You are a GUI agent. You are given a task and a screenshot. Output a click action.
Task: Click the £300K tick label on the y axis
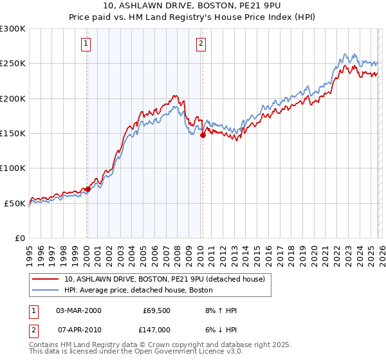(13, 29)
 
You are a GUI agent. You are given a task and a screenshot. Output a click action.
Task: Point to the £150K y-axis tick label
(13, 134)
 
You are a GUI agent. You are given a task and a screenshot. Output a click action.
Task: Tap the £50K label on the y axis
(15, 203)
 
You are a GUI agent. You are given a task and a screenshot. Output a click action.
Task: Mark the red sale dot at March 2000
(88, 189)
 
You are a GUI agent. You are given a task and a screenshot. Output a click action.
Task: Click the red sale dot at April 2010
(203, 135)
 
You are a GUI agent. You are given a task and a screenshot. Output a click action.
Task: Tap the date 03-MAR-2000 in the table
(78, 310)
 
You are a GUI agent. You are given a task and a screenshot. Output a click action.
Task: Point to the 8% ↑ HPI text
(220, 310)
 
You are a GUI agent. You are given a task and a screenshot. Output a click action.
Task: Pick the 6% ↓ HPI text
(220, 329)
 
